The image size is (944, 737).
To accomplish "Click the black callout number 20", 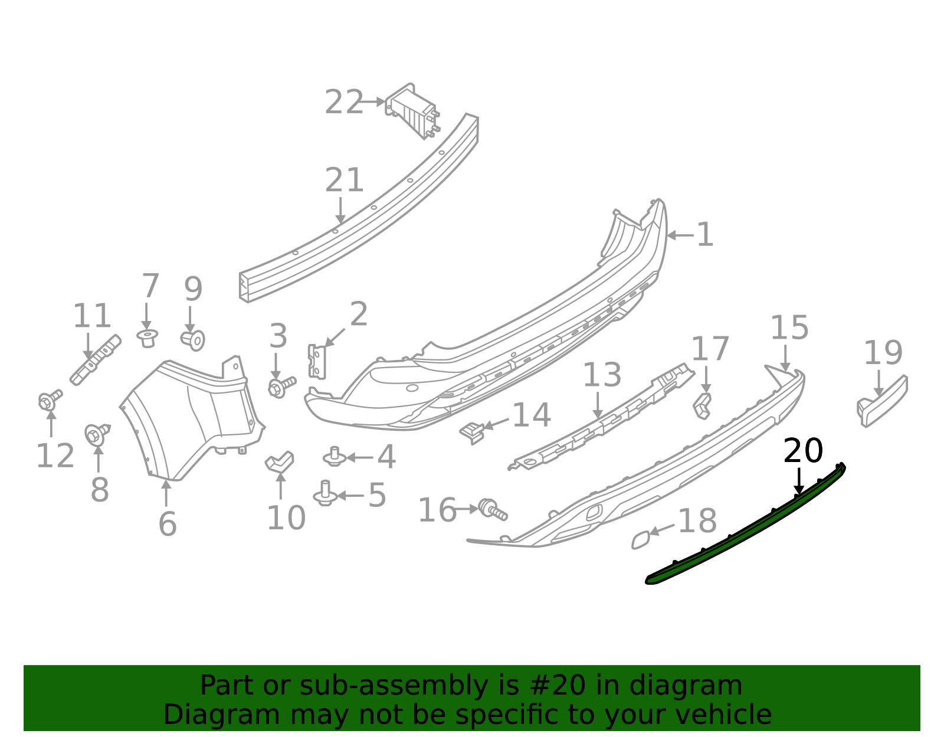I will point(802,451).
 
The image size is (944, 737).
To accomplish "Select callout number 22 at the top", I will point(345,103).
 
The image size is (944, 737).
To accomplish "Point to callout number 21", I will point(345,181).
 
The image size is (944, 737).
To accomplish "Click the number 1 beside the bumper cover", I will point(704,235).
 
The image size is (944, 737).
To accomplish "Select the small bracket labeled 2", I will point(317,361).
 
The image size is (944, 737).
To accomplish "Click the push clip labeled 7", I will point(147,338).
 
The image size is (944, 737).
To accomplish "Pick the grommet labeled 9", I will point(193,340).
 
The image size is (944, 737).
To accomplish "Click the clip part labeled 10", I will point(280,461).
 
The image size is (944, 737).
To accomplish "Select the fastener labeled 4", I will point(335,457).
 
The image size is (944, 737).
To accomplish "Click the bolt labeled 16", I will point(492,509).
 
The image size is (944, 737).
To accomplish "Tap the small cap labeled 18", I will point(641,539).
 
